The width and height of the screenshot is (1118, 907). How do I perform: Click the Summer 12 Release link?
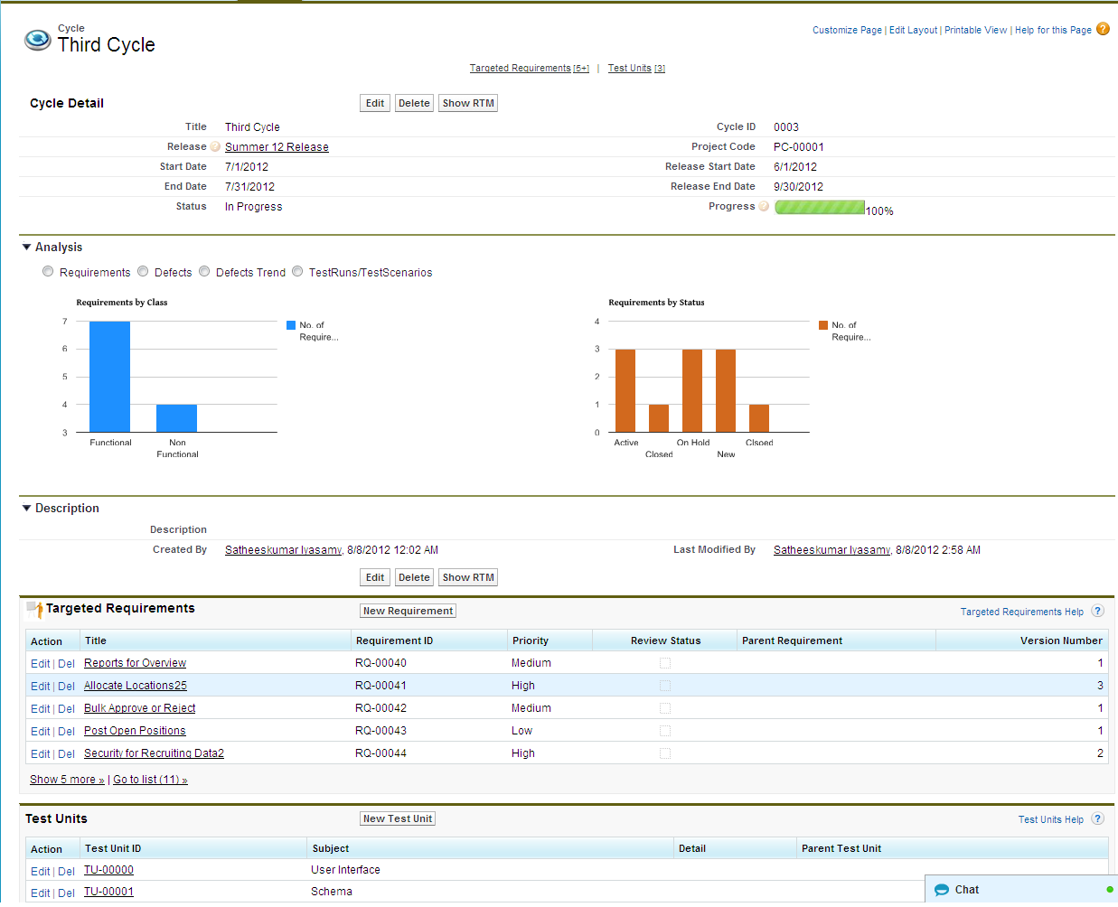(277, 147)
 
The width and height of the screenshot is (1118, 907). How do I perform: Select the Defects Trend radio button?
(205, 272)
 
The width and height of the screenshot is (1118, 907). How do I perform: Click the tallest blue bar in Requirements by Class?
(109, 377)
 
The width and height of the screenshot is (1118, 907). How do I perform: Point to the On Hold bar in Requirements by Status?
(692, 390)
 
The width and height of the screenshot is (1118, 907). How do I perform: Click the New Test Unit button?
(398, 818)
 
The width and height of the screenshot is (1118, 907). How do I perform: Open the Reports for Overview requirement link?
(135, 663)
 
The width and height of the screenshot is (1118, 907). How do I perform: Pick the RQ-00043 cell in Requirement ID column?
(380, 731)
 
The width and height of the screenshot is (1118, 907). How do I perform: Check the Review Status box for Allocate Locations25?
(665, 686)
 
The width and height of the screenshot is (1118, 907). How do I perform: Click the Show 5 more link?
(67, 780)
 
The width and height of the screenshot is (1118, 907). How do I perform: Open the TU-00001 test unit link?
(108, 892)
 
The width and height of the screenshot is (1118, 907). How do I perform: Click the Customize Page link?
(847, 30)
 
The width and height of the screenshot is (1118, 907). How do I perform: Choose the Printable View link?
(975, 30)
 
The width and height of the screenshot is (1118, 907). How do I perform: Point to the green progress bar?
(820, 207)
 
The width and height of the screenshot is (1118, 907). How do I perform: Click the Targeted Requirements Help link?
(1021, 612)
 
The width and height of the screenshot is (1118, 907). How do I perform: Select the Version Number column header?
(1060, 641)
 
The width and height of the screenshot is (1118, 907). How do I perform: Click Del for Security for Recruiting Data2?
(66, 753)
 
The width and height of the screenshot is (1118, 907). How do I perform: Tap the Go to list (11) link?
(150, 780)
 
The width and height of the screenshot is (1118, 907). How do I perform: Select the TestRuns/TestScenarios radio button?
(297, 272)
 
